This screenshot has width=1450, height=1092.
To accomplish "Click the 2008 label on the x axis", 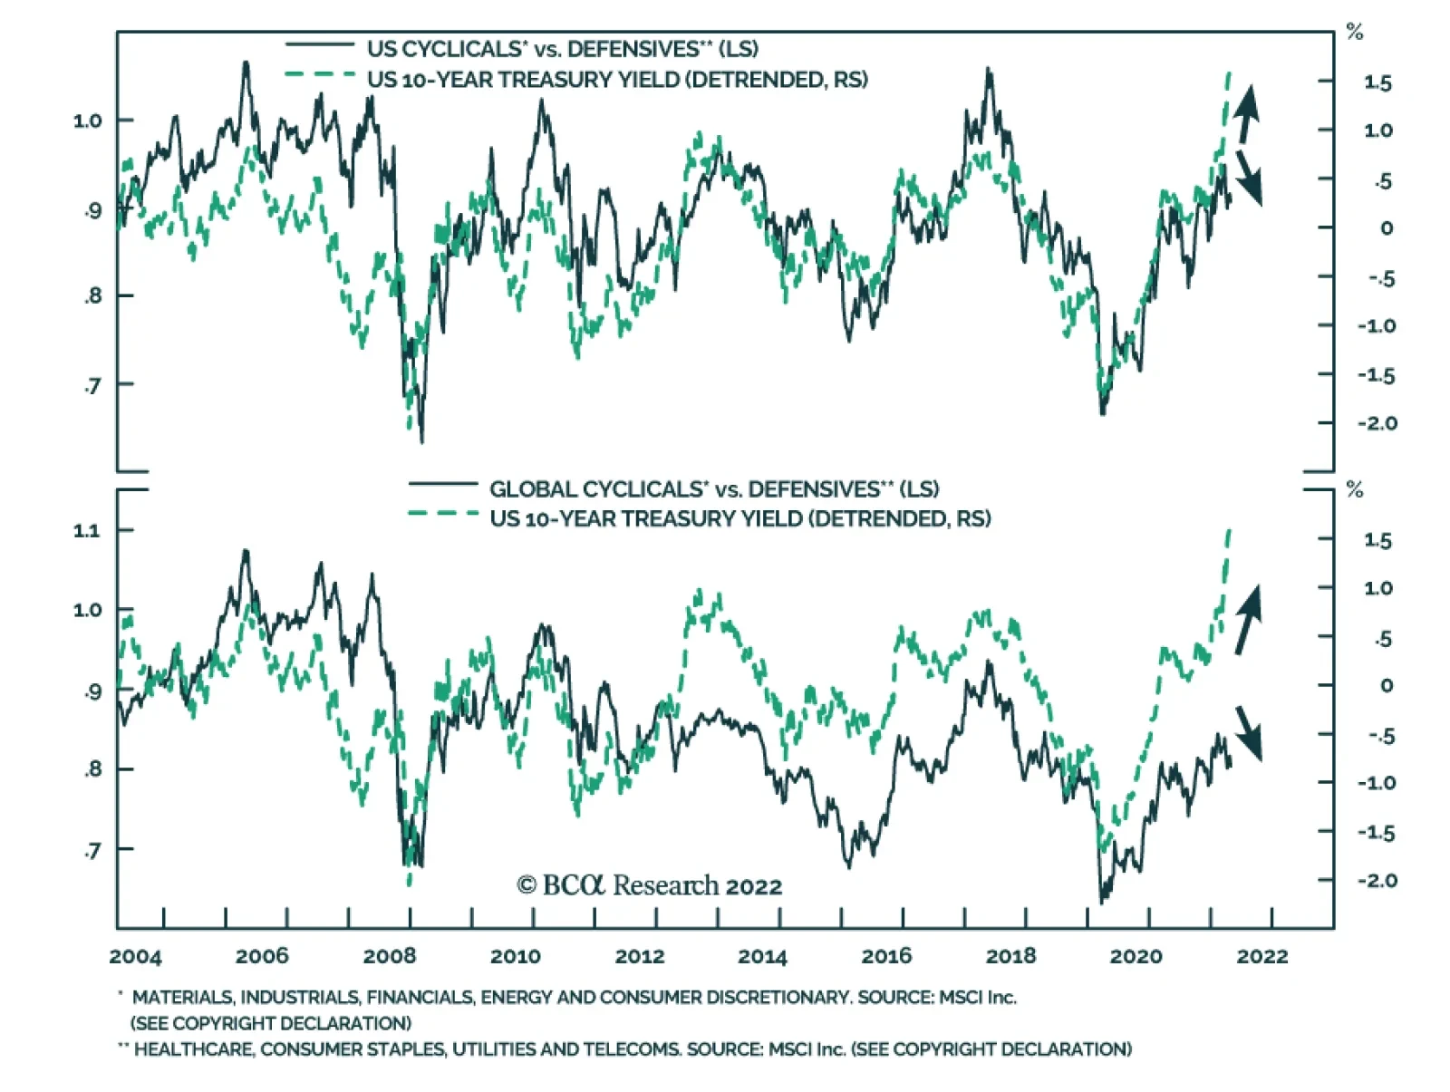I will (x=390, y=956).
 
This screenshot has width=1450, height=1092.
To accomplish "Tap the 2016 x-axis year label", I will (x=886, y=956).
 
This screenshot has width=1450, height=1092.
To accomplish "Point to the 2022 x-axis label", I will (x=1261, y=956).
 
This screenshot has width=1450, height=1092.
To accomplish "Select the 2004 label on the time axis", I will (x=135, y=956).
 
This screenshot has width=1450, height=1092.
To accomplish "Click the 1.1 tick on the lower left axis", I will (x=87, y=531).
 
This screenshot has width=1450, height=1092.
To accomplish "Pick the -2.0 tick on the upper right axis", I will (x=1377, y=423).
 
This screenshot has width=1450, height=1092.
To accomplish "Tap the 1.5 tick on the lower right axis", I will (x=1377, y=541).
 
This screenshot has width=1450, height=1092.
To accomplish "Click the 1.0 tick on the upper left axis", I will (x=87, y=121).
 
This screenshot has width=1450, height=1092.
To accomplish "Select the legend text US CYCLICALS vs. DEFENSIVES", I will (x=562, y=49).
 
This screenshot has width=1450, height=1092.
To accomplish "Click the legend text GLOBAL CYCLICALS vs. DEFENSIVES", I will (x=714, y=489).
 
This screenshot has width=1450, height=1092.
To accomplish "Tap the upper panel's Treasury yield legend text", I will (x=617, y=80).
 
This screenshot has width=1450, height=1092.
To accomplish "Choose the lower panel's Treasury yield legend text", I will (x=739, y=518).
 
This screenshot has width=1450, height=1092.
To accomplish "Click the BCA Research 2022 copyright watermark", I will (x=649, y=885).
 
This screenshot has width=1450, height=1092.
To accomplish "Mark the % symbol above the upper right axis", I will (x=1355, y=34).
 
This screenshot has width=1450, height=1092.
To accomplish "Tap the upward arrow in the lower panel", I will (x=1248, y=620).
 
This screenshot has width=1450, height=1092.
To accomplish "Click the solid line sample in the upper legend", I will (x=319, y=44).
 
